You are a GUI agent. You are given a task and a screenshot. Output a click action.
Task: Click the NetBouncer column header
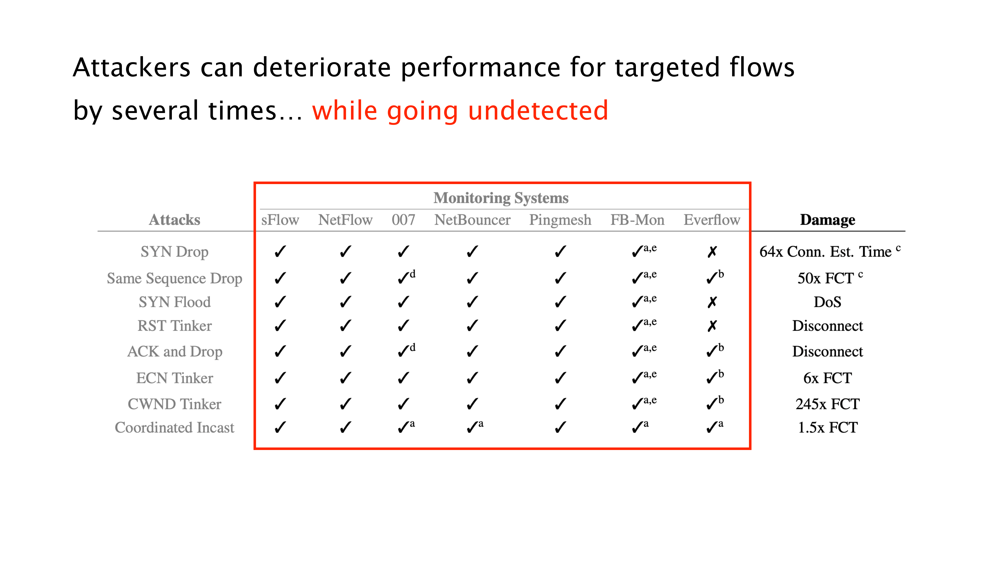(x=472, y=220)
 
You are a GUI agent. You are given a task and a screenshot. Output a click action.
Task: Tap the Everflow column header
(x=712, y=220)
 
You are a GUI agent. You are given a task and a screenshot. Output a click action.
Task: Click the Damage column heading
(x=827, y=220)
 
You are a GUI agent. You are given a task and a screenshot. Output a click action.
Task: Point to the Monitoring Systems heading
(x=501, y=198)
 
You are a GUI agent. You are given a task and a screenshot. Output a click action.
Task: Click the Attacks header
(x=174, y=220)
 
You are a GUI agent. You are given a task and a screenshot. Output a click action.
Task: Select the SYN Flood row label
(x=174, y=302)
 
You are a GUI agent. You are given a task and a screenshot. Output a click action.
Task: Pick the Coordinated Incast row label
(x=174, y=428)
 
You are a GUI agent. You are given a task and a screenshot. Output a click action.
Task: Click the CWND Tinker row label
(x=174, y=404)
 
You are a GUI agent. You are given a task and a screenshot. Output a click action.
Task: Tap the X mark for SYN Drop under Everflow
(x=712, y=252)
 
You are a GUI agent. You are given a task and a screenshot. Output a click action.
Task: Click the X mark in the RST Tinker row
(x=712, y=326)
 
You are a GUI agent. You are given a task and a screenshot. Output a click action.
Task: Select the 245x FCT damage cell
(x=827, y=404)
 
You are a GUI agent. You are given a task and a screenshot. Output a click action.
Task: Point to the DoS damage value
(x=827, y=302)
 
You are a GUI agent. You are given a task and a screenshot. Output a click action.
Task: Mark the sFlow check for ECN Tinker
(x=280, y=378)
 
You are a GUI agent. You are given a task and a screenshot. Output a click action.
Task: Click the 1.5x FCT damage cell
(x=827, y=428)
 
